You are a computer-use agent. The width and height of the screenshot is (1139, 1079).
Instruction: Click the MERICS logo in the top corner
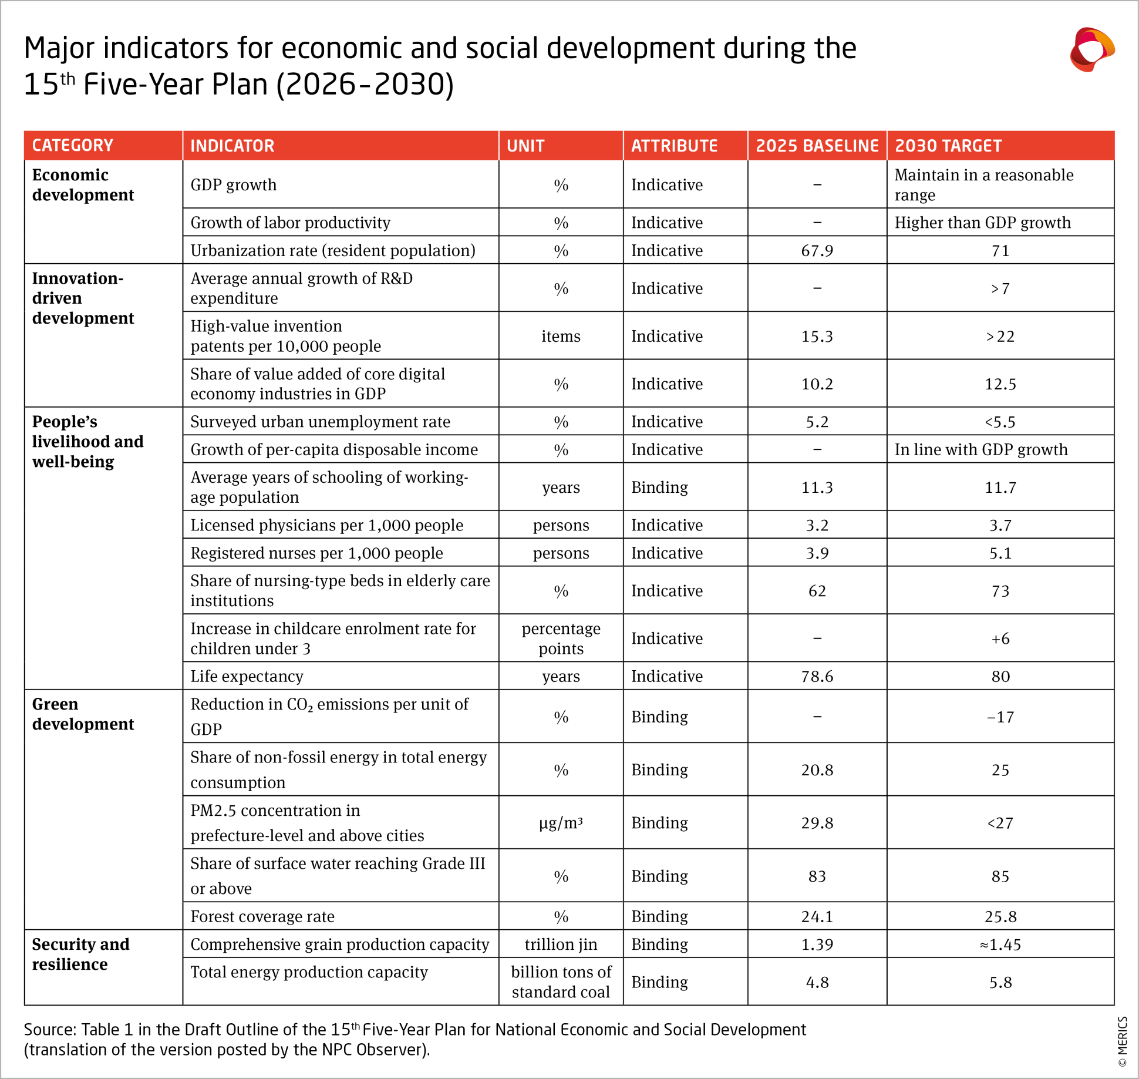point(1091,50)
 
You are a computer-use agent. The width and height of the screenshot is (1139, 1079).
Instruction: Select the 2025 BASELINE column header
point(817,146)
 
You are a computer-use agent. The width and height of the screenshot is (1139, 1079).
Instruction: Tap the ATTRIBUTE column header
point(674,146)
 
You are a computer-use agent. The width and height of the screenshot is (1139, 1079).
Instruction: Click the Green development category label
point(83,714)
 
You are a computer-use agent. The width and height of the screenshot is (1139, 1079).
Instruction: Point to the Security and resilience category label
point(80,954)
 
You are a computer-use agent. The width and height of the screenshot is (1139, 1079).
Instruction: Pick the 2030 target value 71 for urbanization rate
point(1000,251)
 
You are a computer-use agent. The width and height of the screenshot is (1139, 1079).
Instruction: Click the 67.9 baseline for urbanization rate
point(817,251)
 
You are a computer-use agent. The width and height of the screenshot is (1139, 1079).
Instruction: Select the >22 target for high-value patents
point(1000,337)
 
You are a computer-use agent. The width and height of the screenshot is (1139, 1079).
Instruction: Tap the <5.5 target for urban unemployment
point(1000,422)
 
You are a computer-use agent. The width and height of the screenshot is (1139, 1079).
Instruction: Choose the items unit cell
point(561,337)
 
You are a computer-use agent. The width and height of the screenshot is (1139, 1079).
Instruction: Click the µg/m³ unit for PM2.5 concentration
point(561,823)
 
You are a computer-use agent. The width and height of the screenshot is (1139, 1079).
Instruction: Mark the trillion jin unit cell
point(561,944)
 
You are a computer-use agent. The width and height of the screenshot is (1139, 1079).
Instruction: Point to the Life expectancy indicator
point(247,676)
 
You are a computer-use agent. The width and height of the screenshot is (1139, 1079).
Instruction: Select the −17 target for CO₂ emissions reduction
point(1000,717)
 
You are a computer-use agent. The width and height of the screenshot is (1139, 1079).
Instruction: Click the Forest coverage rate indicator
point(262,916)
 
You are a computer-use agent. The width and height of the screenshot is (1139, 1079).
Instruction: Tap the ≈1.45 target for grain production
point(1000,944)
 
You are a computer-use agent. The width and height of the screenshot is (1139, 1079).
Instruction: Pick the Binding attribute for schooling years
point(659,488)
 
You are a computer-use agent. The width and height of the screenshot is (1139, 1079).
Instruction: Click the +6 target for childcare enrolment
point(1000,638)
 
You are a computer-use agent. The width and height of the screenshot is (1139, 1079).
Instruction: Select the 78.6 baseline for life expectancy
point(817,676)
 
